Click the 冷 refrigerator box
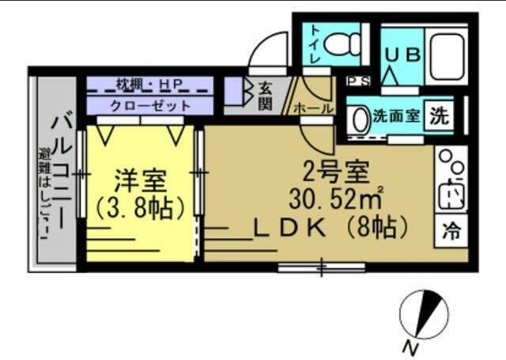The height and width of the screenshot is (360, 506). (x=453, y=233)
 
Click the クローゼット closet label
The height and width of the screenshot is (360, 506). (x=150, y=104)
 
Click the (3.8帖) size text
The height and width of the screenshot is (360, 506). (x=141, y=208)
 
